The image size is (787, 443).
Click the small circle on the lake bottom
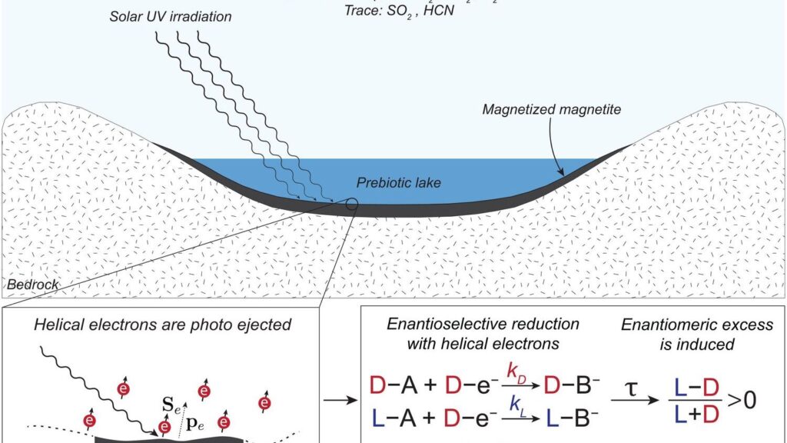pos(351,205)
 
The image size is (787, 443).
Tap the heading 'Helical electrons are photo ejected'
pos(162,325)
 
